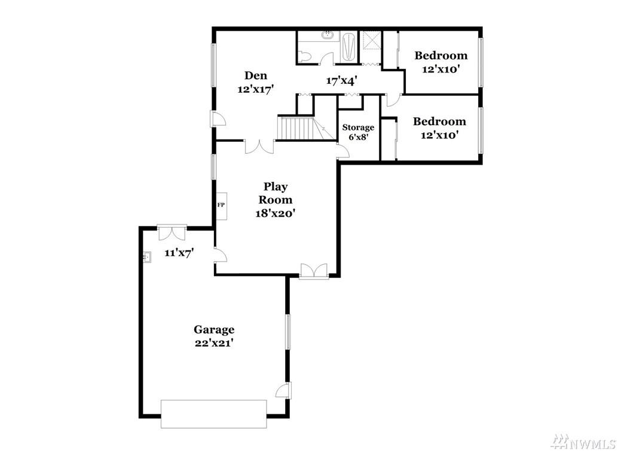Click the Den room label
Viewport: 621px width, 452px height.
click(x=256, y=75)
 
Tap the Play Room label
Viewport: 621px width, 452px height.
click(x=276, y=193)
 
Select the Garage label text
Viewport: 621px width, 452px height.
click(x=214, y=329)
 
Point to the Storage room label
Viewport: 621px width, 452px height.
click(x=358, y=128)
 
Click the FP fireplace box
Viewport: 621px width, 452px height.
click(x=221, y=205)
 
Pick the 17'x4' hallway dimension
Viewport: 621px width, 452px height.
click(x=342, y=81)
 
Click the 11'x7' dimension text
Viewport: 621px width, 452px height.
click(x=179, y=253)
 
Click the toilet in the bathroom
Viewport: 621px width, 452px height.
click(x=304, y=57)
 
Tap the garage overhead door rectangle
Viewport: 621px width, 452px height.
click(x=214, y=414)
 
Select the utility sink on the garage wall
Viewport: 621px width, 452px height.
click(x=147, y=257)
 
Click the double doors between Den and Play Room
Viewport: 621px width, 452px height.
click(x=259, y=146)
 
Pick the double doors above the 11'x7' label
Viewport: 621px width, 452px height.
click(x=172, y=232)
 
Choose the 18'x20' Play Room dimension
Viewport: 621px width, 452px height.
click(x=276, y=214)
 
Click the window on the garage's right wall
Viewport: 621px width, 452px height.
click(x=288, y=332)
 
